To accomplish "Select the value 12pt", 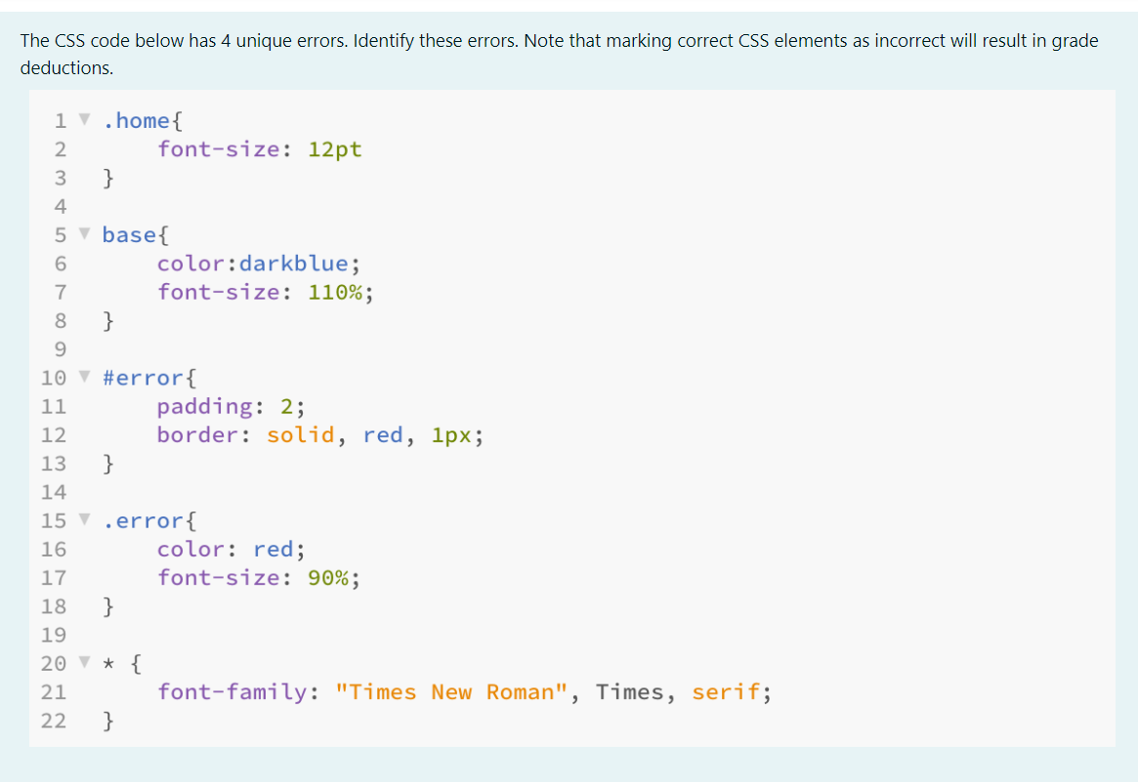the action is click(x=335, y=149).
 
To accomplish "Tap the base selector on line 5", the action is click(x=128, y=234).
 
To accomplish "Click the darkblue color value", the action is click(x=294, y=263).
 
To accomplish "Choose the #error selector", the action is click(x=142, y=378).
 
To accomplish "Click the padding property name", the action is click(x=204, y=406).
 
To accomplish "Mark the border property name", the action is click(x=197, y=434).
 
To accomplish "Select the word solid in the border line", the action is click(x=301, y=434).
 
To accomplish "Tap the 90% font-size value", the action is click(x=328, y=578).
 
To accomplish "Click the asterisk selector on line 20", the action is click(x=108, y=665).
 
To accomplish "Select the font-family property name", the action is click(x=232, y=692).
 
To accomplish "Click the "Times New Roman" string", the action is click(x=451, y=692).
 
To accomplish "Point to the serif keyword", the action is click(x=725, y=692).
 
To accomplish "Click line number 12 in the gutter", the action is click(x=53, y=435).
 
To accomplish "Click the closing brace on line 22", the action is click(x=108, y=721).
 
